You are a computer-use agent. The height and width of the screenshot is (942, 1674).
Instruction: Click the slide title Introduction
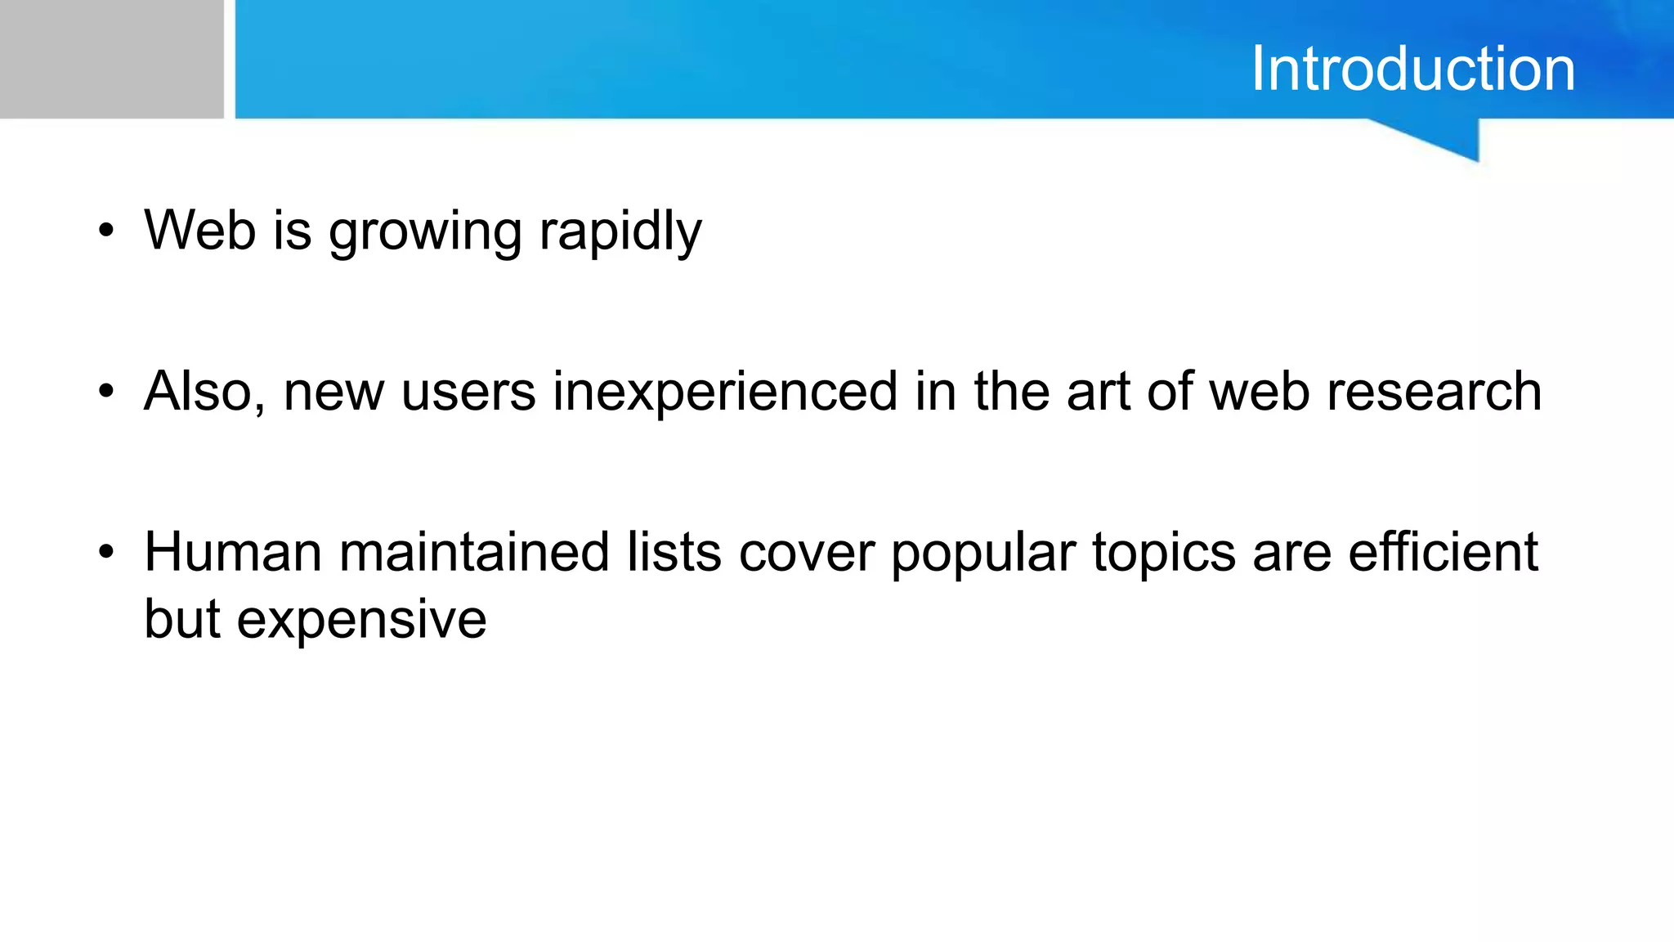(1412, 69)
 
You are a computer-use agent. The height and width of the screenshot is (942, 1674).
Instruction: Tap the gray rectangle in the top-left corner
(111, 59)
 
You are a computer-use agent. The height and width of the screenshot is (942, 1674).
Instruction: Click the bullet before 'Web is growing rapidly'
(105, 231)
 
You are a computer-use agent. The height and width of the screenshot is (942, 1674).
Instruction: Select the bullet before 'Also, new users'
(105, 392)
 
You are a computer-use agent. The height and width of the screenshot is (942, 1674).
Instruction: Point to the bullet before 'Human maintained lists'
(105, 553)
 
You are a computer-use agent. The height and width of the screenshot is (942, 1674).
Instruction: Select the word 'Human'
(233, 552)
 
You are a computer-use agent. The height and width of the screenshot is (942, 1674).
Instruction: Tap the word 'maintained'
(474, 552)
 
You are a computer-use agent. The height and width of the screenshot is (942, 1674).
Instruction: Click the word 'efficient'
(1443, 552)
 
